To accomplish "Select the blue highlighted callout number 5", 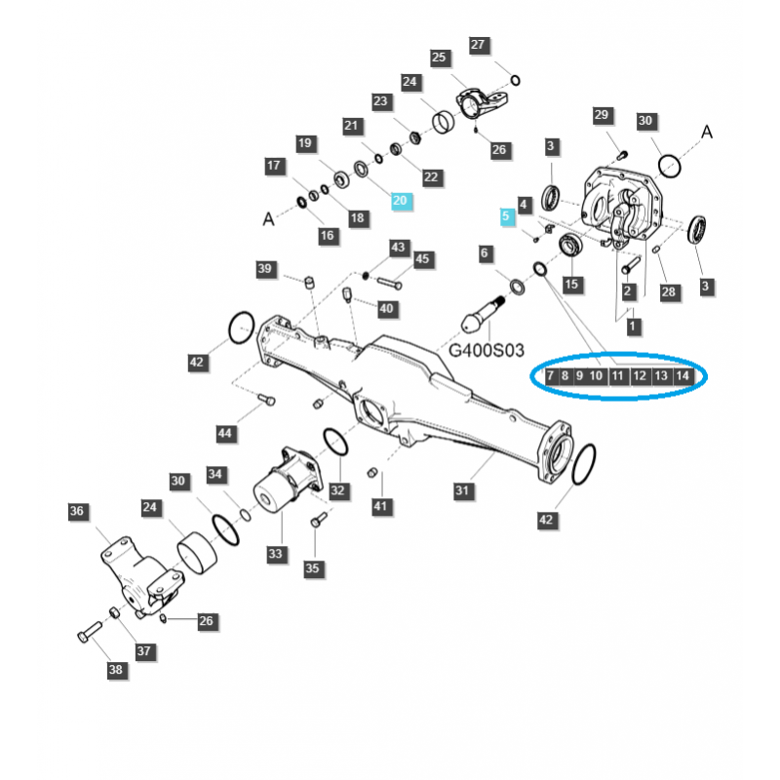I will coord(505,216).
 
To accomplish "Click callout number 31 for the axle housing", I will coord(464,488).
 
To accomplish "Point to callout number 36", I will coord(78,512).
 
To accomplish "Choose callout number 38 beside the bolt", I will coord(116,670).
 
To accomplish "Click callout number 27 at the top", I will coord(478,45).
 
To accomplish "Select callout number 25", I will coord(438,58).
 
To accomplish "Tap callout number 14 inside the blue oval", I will coord(682,375).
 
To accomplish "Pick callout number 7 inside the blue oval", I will coord(551,375).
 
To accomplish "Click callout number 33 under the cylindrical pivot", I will coord(276,554).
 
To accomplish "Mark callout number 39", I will coord(266,269).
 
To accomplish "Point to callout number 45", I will coord(421,259).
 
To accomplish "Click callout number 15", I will coord(570,284).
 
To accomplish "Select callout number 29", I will coord(601,116).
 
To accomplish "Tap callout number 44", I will coord(226,432).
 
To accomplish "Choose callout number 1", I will coord(634,324).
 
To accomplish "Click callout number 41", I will coord(380,506).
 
